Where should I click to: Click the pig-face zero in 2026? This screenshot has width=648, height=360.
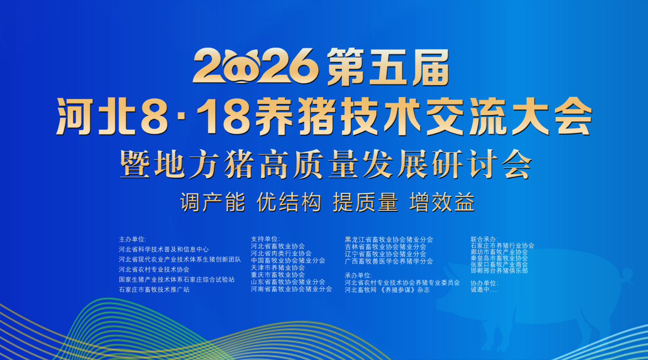pyautogui.click(x=241, y=66)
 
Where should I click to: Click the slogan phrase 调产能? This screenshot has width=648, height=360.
pyautogui.click(x=212, y=202)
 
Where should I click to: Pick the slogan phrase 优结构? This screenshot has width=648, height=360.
pyautogui.click(x=289, y=202)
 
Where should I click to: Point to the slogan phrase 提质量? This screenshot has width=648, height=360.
pyautogui.click(x=366, y=202)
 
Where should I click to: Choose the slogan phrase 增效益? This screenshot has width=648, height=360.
pyautogui.click(x=442, y=202)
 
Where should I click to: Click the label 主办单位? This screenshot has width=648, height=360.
pyautogui.click(x=133, y=239)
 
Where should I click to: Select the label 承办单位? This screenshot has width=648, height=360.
pyautogui.click(x=358, y=276)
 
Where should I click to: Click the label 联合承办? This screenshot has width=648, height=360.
pyautogui.click(x=484, y=239)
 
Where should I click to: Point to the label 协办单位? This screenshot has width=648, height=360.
pyautogui.click(x=484, y=283)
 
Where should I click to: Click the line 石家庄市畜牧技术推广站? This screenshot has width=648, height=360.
pyautogui.click(x=154, y=290)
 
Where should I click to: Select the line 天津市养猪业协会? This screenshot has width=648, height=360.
pyautogui.click(x=278, y=268)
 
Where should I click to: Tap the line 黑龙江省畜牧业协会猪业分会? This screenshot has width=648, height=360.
pyautogui.click(x=389, y=240)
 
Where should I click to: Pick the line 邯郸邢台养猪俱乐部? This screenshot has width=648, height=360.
pyautogui.click(x=499, y=271)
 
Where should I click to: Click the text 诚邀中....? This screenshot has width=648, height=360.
pyautogui.click(x=480, y=290)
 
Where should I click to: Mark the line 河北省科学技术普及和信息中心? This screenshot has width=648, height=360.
pyautogui.click(x=164, y=249)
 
